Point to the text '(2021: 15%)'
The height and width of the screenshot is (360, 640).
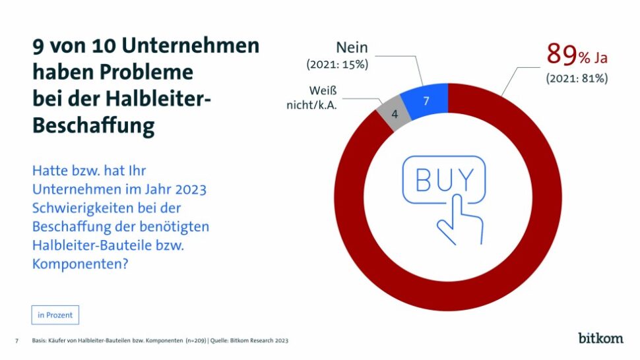coord(337,65)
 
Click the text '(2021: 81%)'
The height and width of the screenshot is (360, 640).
coord(577,78)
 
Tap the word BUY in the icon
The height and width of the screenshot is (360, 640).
coord(443,179)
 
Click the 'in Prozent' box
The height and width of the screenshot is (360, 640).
coord(55,315)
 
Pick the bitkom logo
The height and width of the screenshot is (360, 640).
coord(600,338)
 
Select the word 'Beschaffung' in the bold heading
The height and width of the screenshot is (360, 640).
coord(94,125)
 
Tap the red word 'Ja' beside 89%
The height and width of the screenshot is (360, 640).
coord(600,58)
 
